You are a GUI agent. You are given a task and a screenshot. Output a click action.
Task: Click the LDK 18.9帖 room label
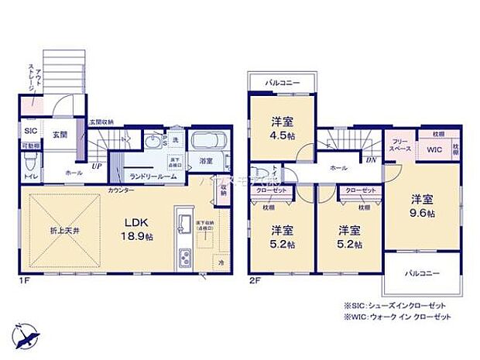pos(130,230)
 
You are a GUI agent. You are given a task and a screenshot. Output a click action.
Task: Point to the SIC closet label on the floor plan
pos(30,131)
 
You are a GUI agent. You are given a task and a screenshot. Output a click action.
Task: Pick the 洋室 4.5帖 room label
pos(281,126)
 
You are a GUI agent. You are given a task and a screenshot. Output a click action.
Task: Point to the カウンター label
pos(120,189)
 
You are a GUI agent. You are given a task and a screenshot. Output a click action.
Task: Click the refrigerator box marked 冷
pos(221,262)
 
